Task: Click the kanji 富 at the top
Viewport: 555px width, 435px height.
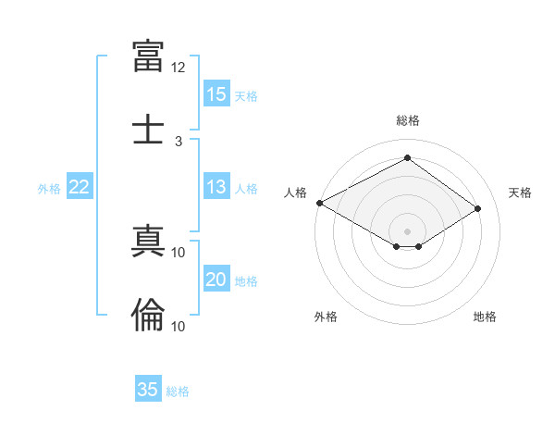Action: (148, 56)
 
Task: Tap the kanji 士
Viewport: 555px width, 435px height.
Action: (148, 129)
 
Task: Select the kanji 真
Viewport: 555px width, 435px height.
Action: (148, 241)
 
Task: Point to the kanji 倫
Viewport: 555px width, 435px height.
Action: (148, 315)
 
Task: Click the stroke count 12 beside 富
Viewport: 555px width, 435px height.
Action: (178, 68)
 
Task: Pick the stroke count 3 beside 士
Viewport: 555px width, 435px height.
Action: (179, 142)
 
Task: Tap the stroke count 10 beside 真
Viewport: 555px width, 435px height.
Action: (178, 253)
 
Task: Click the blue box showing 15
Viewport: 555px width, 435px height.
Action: (216, 93)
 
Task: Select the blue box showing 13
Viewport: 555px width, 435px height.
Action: (216, 186)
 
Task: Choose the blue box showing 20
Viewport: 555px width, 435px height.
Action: (216, 278)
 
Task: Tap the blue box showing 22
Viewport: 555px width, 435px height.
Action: (80, 186)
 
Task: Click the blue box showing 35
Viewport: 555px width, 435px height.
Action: (148, 388)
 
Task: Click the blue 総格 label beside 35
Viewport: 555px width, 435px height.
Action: (178, 391)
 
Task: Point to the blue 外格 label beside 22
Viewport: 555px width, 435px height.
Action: (49, 189)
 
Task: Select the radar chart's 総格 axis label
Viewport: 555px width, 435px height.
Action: (408, 120)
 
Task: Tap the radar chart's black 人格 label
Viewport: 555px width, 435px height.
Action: (295, 193)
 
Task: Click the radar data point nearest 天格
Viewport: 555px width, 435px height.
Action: (477, 208)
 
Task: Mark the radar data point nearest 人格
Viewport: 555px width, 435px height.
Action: (320, 203)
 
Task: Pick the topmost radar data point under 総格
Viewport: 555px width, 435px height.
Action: (407, 157)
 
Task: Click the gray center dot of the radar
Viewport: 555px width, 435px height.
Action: (407, 231)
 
